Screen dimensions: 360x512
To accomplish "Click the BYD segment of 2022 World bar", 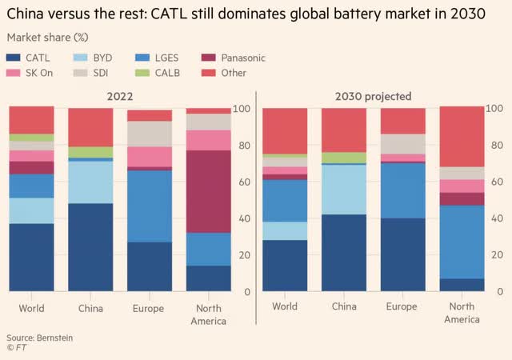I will coord(31,210).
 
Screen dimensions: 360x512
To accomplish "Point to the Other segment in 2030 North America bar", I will coord(462,136).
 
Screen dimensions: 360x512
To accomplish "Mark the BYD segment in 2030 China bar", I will coord(344,190).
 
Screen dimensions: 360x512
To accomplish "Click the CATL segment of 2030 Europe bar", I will coord(402,256).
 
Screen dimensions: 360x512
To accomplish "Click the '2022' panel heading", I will coord(119,96).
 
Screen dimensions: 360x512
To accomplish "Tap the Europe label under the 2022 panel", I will coord(149,308).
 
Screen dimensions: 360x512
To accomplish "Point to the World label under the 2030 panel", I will coord(285,306).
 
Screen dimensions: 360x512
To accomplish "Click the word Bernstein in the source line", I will coord(54,338).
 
